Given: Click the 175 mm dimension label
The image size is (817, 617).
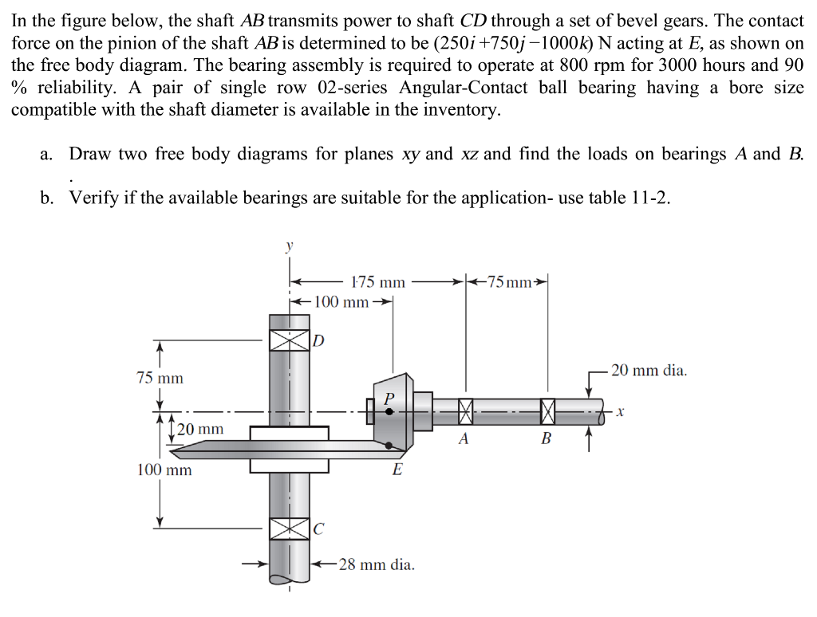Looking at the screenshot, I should pyautogui.click(x=378, y=282).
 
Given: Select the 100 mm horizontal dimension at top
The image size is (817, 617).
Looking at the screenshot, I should pyautogui.click(x=341, y=302).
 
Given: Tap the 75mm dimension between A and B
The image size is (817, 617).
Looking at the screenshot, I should pyautogui.click(x=507, y=282).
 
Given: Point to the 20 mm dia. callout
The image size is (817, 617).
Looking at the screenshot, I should pyautogui.click(x=649, y=371).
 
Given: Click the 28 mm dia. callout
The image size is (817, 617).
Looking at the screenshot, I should pyautogui.click(x=377, y=565).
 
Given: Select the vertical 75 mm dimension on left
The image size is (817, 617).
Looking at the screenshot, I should pyautogui.click(x=160, y=378).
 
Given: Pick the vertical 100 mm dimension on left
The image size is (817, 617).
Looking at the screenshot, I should pyautogui.click(x=164, y=470).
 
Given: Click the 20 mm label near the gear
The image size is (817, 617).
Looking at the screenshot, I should pyautogui.click(x=200, y=430).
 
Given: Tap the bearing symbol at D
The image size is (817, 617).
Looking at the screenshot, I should pyautogui.click(x=289, y=341).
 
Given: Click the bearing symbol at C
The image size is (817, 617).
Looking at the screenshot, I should pyautogui.click(x=289, y=528).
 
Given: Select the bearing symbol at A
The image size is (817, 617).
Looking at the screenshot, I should pyautogui.click(x=466, y=411).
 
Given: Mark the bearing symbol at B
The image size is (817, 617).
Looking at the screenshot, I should pyautogui.click(x=547, y=411).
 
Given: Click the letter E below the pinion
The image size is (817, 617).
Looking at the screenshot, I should pyautogui.click(x=397, y=470).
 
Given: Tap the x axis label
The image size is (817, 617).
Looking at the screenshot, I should pyautogui.click(x=620, y=412).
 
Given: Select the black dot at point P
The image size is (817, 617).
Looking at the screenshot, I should pyautogui.click(x=389, y=411).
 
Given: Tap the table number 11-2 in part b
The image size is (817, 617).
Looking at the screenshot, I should pyautogui.click(x=648, y=198).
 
